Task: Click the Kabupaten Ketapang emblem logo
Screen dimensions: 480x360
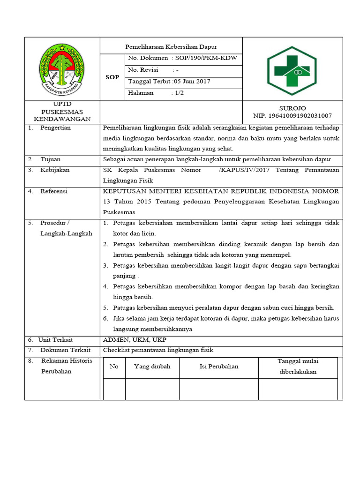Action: point(62,68)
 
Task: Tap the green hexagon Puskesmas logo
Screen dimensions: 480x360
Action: point(292,71)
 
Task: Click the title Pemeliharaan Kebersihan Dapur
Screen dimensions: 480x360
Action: point(171,46)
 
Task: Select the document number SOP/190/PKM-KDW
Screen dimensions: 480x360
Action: point(207,58)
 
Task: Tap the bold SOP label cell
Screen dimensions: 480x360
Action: point(112,77)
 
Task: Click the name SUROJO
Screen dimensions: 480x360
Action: point(292,108)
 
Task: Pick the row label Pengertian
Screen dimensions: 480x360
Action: point(55,128)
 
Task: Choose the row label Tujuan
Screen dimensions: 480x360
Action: point(50,159)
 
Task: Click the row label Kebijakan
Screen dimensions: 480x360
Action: point(55,170)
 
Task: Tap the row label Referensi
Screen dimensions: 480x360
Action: point(54,191)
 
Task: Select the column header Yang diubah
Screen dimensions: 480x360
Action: point(152,367)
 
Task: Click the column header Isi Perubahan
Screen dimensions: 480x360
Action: point(218,367)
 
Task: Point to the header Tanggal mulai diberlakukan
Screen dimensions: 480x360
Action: point(298,366)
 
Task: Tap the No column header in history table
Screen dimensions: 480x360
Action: point(114,367)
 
